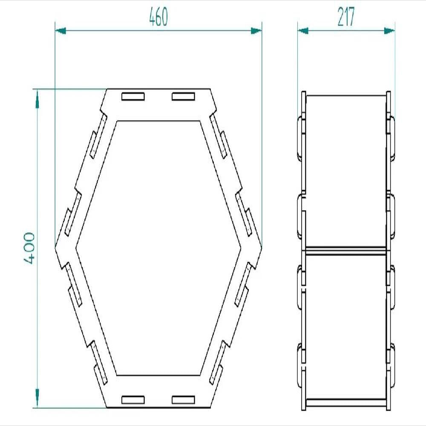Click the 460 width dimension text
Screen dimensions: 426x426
158,17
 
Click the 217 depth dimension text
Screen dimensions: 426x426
346,17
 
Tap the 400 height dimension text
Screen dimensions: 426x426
29,248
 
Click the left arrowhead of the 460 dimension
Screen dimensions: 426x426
60,31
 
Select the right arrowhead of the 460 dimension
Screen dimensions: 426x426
256,31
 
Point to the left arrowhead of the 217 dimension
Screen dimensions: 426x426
303,31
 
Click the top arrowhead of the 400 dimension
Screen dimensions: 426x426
37,99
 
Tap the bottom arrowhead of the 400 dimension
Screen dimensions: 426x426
37,398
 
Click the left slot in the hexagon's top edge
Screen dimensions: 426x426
133,96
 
